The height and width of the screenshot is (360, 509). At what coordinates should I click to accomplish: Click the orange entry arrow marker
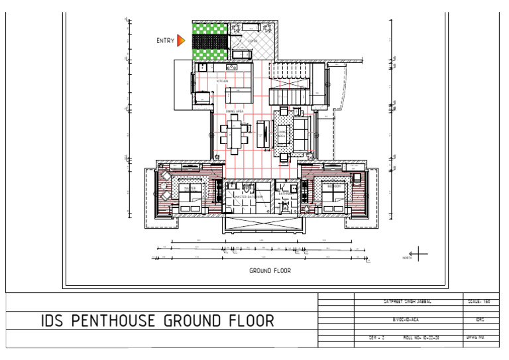point(181,40)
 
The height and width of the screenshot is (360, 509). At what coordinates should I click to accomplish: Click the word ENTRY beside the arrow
point(166,41)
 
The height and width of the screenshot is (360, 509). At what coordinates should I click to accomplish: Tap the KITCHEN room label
point(222,82)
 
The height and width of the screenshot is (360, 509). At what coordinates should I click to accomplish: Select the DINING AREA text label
point(235,111)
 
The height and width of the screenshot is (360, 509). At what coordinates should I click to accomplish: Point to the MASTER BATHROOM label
point(249,197)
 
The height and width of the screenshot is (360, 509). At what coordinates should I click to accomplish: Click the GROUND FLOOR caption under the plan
point(270,270)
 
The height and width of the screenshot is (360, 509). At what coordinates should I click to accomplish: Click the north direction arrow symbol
point(419,253)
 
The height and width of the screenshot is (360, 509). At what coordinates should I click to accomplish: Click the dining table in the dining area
point(235,132)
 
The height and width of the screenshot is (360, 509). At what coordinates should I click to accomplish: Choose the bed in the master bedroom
point(192,196)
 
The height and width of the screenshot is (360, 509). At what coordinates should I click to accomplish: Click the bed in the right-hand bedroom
point(332,196)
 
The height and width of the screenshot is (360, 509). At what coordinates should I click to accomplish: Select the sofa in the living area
point(302,133)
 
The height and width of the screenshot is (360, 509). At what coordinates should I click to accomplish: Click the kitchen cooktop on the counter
point(231,67)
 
